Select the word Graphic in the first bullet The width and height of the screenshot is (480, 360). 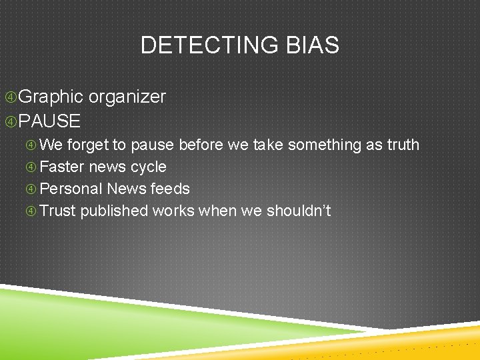[51, 97]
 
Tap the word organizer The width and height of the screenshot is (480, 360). [127, 97]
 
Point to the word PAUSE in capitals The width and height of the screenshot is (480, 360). [49, 121]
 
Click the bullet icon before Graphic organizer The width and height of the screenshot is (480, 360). [10, 97]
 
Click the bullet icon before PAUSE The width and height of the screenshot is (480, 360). [10, 121]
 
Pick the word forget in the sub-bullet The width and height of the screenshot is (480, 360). [88, 145]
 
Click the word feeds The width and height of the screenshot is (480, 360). [171, 189]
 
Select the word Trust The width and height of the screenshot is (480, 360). [58, 211]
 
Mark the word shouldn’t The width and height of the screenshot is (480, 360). [299, 211]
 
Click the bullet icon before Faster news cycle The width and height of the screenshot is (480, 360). [31, 167]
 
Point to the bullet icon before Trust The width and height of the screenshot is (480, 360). [31, 211]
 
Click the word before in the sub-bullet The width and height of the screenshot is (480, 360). [202, 145]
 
